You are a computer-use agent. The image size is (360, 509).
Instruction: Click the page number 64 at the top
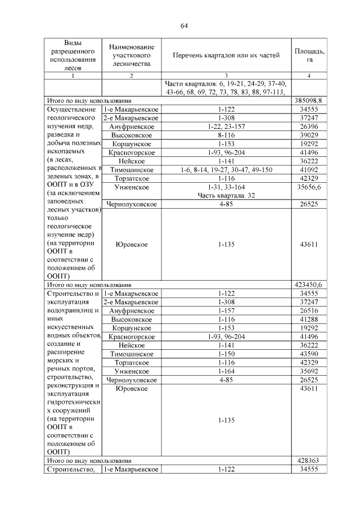point(183,26)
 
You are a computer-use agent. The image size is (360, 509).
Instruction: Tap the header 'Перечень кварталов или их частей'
point(226,55)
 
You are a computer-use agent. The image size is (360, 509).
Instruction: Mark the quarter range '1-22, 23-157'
point(226,127)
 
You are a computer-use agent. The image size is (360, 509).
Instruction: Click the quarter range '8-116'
point(226,135)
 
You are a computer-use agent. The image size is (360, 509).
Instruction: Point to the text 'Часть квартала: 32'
point(226,195)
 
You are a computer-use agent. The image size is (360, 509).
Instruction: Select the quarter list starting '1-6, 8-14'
point(226,169)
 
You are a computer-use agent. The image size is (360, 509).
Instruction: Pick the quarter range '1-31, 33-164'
point(226,186)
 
